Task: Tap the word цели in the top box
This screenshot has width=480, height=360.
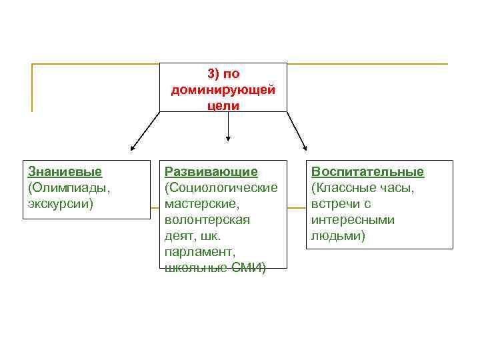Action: point(223,105)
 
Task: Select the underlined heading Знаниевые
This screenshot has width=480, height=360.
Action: point(65,172)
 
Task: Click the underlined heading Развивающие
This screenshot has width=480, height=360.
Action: point(211,172)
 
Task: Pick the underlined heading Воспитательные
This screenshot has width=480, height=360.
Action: point(367,172)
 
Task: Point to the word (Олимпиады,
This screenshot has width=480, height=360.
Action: point(69,188)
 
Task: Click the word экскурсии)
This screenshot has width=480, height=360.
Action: point(61,203)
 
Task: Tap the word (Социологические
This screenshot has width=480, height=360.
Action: point(221,188)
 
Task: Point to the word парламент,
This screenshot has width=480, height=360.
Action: point(199,252)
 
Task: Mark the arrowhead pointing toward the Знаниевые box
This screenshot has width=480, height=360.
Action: point(133,149)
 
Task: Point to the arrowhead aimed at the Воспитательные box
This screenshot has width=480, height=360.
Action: point(304,148)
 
